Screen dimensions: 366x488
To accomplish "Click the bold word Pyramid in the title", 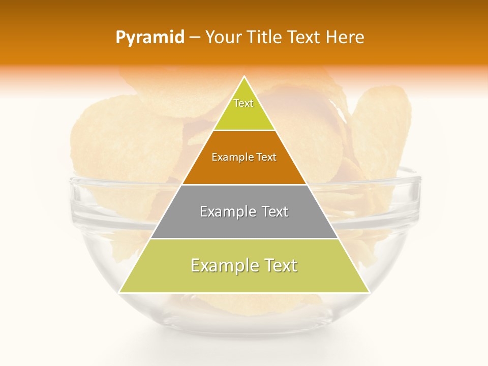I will pyautogui.click(x=150, y=38).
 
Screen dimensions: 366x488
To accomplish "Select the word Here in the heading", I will pyautogui.click(x=345, y=37).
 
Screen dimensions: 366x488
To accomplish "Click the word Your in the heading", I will pyautogui.click(x=224, y=37).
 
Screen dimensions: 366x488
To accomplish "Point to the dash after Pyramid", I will pyautogui.click(x=194, y=38).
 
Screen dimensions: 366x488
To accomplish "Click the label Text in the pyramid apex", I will pyautogui.click(x=243, y=103).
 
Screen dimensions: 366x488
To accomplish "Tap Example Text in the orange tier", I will pyautogui.click(x=244, y=157).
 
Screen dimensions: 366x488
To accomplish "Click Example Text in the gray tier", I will pyautogui.click(x=244, y=211).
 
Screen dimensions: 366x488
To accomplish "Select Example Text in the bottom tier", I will pyautogui.click(x=244, y=265).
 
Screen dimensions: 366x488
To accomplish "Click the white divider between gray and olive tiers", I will pyautogui.click(x=244, y=238).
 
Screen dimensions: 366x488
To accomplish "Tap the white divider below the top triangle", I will pyautogui.click(x=244, y=131).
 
